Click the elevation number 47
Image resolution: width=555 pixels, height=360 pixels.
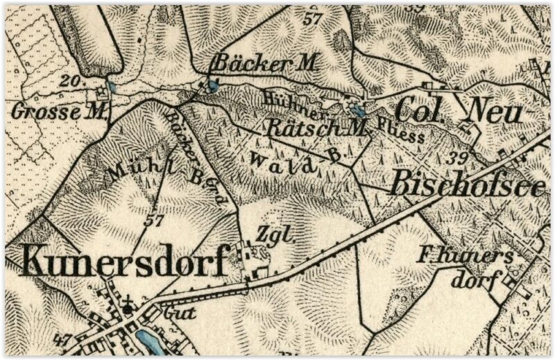(62, 340)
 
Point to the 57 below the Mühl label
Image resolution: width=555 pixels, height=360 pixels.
(154, 222)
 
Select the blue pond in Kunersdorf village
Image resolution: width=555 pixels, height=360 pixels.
(146, 340)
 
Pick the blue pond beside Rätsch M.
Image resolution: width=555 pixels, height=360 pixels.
(358, 110)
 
